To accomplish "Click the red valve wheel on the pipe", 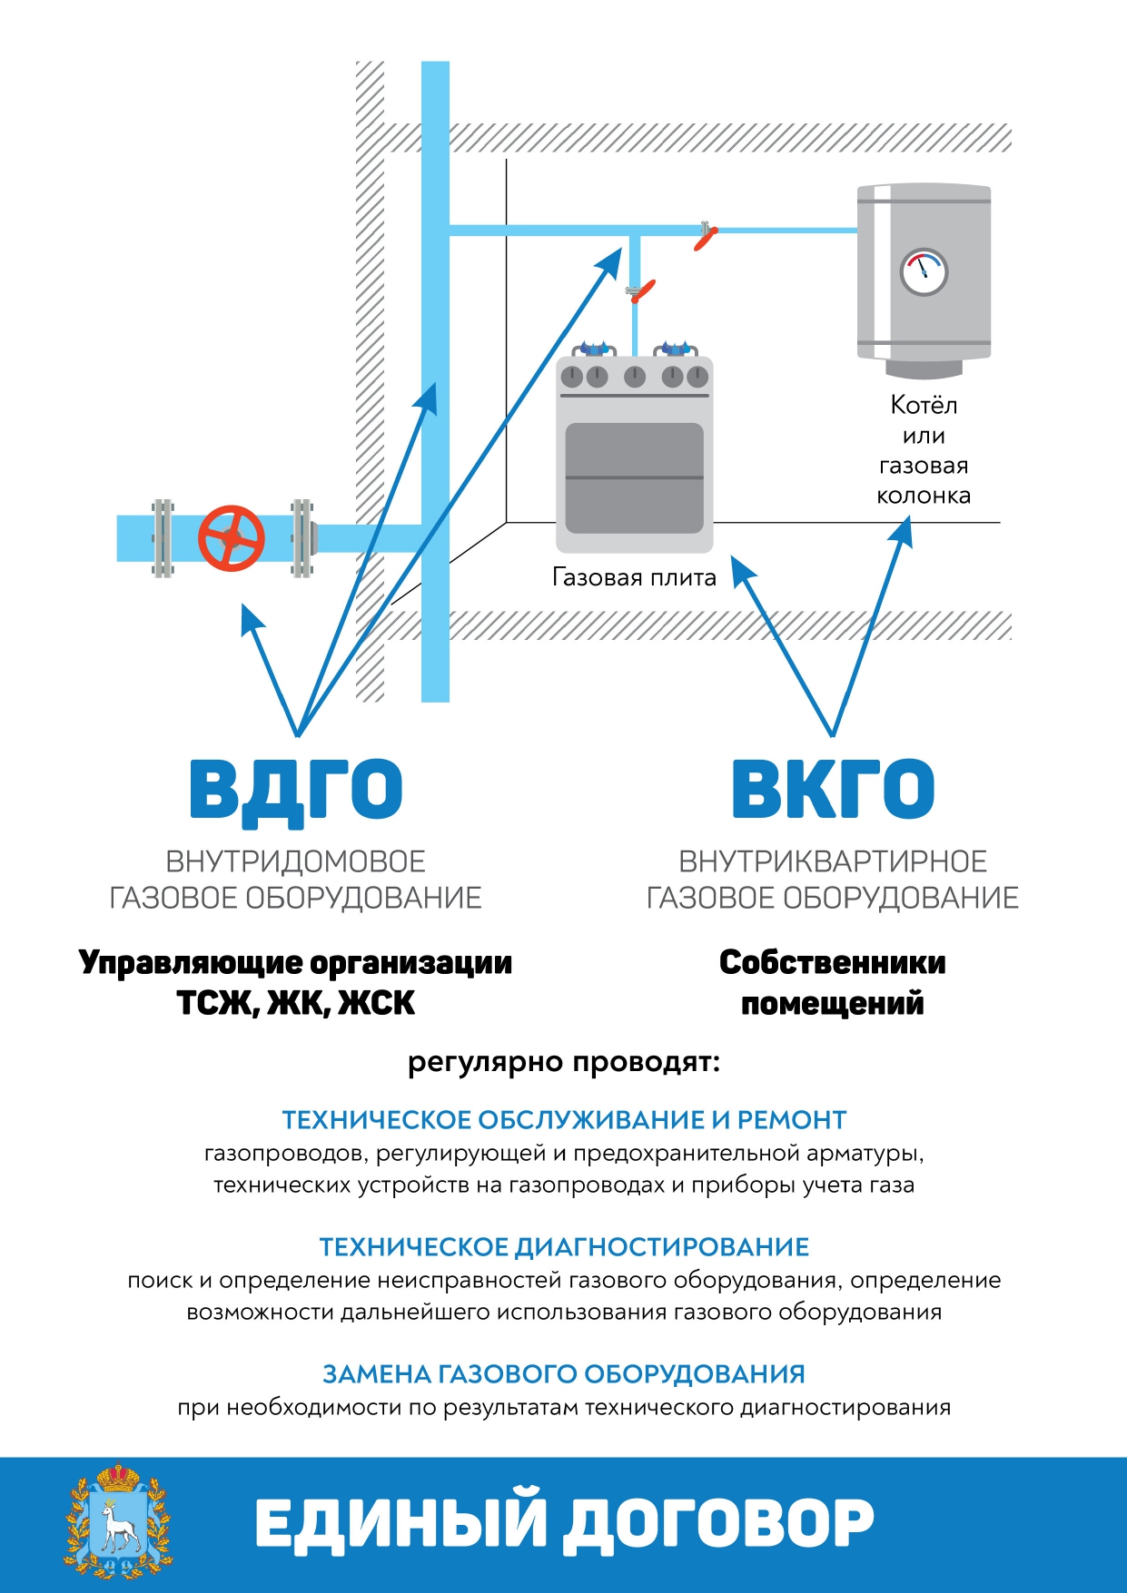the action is click(x=232, y=538).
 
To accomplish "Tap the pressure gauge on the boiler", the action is click(x=924, y=271).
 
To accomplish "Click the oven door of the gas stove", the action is click(x=635, y=477).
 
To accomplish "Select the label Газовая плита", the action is click(x=634, y=577).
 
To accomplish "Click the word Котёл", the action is click(x=924, y=404).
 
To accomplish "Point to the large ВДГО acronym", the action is click(x=296, y=791).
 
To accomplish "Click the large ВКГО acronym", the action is click(x=833, y=789).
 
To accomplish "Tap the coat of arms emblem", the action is click(x=118, y=1522).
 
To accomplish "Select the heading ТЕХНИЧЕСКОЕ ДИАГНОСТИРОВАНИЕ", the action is click(x=564, y=1247).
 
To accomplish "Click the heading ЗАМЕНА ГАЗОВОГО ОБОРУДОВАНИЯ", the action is click(x=564, y=1374).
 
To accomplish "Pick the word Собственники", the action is click(x=833, y=962).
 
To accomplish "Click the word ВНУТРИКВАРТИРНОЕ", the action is click(x=833, y=861).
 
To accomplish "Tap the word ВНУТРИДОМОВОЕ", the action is click(x=296, y=861).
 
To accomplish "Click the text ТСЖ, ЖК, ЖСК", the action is click(x=296, y=1003).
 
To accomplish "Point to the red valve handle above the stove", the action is click(x=643, y=291).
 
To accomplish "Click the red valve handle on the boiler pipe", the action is click(x=706, y=239).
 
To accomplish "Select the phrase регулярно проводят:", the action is click(x=564, y=1062).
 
